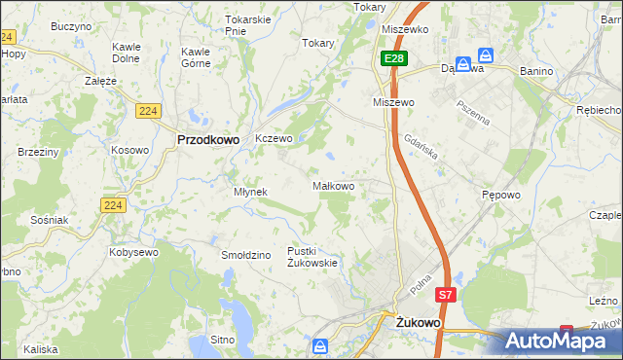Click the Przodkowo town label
(208, 139)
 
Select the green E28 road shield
(393, 59)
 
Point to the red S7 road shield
(445, 294)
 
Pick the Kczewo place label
(274, 139)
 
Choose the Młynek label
(250, 192)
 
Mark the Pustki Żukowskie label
(312, 257)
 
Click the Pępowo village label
(501, 195)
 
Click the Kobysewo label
(135, 252)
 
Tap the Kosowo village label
(129, 150)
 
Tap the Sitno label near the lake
(223, 341)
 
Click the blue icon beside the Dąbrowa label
(485, 56)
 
